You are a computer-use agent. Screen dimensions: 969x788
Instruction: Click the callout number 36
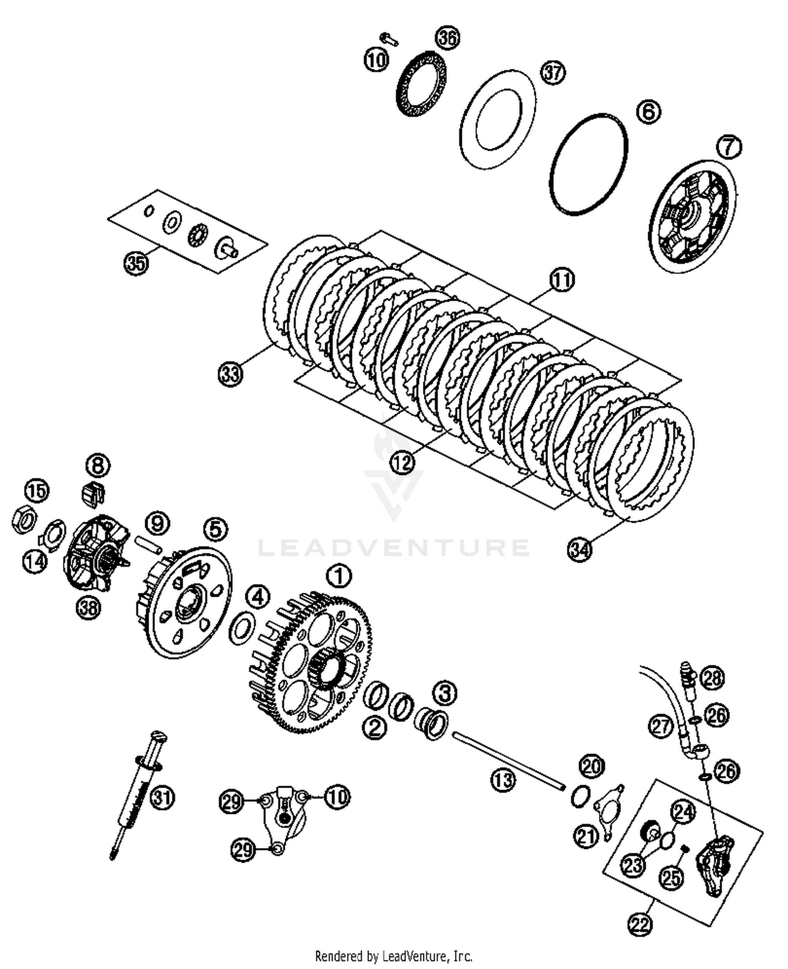[x=448, y=38]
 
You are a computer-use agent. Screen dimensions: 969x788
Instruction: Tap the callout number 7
[x=729, y=147]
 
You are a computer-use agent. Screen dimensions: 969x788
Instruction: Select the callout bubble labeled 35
[x=136, y=262]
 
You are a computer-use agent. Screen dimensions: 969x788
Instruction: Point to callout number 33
[x=230, y=374]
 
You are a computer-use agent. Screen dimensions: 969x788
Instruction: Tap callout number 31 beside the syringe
[x=162, y=798]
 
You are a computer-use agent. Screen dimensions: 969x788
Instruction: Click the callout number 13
[x=503, y=780]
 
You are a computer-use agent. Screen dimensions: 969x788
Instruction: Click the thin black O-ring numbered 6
[x=589, y=163]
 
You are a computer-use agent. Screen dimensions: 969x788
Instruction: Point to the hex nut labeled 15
[x=23, y=520]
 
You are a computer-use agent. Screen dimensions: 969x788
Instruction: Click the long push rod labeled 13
[x=507, y=759]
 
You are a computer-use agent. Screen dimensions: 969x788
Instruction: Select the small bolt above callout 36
[x=389, y=38]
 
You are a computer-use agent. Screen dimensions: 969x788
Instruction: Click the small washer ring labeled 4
[x=242, y=627]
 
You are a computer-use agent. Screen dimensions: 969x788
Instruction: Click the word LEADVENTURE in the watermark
[x=394, y=547]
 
